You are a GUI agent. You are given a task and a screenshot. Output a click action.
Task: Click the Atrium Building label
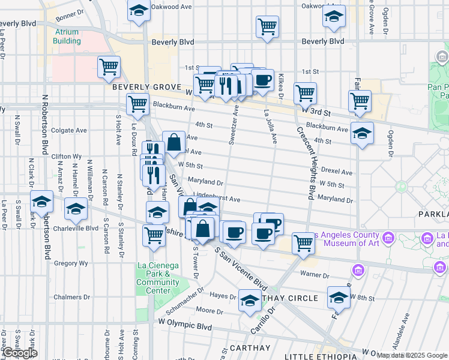click(x=67, y=36)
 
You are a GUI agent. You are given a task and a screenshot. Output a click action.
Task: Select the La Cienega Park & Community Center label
click(x=154, y=278)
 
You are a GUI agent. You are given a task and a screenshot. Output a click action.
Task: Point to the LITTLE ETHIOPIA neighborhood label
click(x=319, y=356)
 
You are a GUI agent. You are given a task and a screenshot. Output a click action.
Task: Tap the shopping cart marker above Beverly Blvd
click(x=267, y=26)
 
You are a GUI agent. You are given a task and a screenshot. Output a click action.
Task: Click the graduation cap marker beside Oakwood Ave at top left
click(x=139, y=11)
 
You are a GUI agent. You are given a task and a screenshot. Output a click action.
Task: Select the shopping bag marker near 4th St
click(x=173, y=142)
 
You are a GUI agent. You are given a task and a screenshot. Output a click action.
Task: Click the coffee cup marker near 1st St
click(x=262, y=80)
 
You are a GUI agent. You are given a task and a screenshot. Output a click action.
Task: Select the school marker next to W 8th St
click(x=339, y=297)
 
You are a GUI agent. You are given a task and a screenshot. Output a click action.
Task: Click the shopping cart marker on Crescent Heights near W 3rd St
click(x=305, y=93)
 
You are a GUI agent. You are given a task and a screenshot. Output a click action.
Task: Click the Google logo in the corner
click(x=19, y=353)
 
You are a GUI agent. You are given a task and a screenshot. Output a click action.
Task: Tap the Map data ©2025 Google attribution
click(x=411, y=355)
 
